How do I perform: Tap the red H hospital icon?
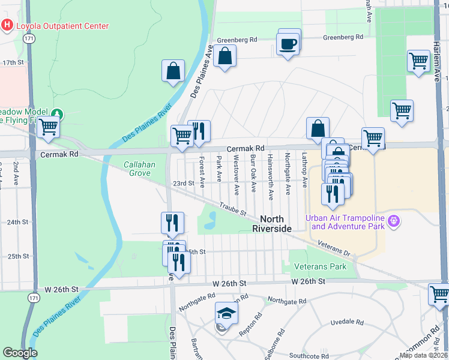8,25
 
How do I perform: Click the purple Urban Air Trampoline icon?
394,222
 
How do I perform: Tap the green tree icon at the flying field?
56,113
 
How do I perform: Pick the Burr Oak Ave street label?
253,174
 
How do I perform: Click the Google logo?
20,353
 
